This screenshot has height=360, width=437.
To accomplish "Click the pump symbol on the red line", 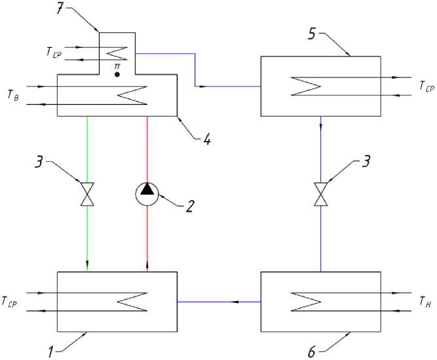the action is (x=147, y=194).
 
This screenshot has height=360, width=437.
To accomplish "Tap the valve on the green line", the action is (x=87, y=194).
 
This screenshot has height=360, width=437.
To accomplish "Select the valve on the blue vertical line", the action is (x=321, y=194).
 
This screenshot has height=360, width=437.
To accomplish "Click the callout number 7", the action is (x=60, y=9).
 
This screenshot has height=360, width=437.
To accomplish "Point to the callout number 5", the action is (x=312, y=33).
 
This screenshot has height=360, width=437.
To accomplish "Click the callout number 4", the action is (x=207, y=138).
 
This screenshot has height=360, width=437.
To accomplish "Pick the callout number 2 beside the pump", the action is (x=190, y=207).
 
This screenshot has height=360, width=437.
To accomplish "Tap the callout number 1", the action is (x=50, y=352).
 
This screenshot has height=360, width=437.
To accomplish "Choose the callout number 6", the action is (x=312, y=352).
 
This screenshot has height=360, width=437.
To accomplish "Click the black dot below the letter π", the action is (x=117, y=75).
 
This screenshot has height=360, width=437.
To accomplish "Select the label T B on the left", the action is (x=13, y=95).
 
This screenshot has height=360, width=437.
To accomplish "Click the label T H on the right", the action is (x=425, y=302).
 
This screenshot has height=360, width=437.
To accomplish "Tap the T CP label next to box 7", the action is (x=54, y=52).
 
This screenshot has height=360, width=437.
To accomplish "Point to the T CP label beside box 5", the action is (x=427, y=86).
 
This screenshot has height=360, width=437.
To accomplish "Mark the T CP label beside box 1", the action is (x=9, y=302).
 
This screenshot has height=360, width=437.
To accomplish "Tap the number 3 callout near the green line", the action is (x=39, y=161).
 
